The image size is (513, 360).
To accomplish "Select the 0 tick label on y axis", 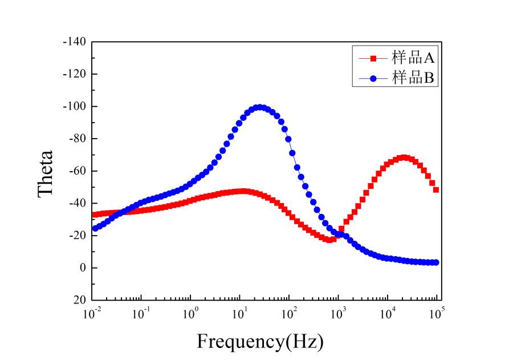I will (83, 268).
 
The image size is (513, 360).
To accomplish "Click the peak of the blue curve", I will (259, 107).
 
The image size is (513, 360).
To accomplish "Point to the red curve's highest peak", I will (404, 157).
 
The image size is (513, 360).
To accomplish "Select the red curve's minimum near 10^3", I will (329, 240).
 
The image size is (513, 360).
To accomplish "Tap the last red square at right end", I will (436, 189).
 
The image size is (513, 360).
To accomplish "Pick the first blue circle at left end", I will (95, 228).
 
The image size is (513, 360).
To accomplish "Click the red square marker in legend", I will (373, 58).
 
